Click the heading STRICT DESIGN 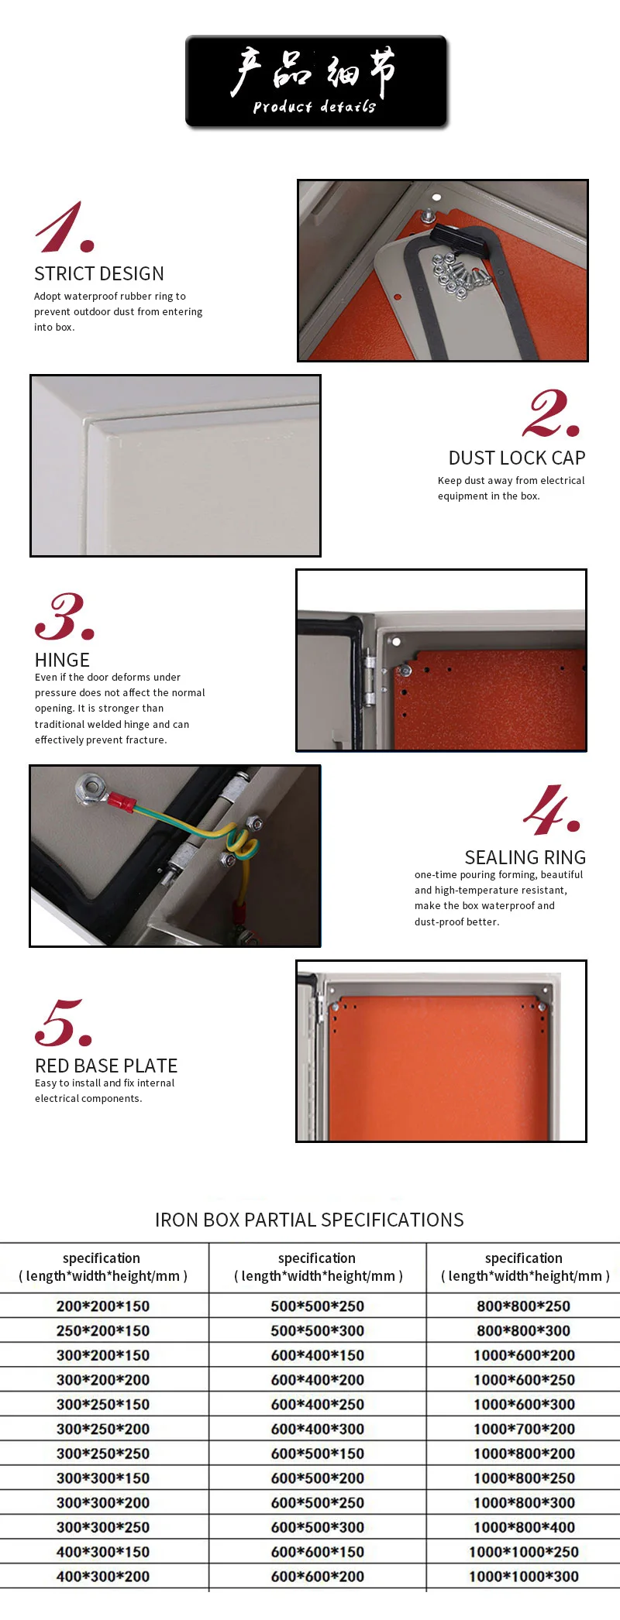point(99,274)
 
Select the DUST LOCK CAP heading point(516,458)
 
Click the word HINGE point(62,661)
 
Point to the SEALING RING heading point(525,858)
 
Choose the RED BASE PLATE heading point(106,1066)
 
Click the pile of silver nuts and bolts point(459,275)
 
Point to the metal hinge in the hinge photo point(370,678)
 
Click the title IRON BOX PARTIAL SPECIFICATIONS point(309,1220)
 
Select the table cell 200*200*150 point(103,1306)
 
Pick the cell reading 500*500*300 point(318,1331)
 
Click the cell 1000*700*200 point(524,1430)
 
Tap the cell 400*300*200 point(103,1577)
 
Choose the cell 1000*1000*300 point(524,1577)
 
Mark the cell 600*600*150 point(318,1552)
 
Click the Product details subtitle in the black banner point(314,107)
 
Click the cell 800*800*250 point(524,1306)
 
